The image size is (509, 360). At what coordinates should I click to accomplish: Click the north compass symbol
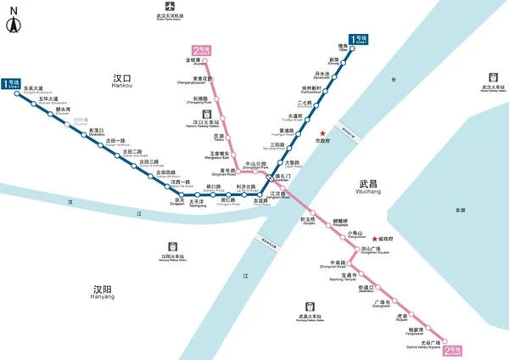click(x=12, y=23)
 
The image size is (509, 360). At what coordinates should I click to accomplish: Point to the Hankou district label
click(x=124, y=79)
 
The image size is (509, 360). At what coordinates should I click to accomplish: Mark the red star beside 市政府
click(x=322, y=132)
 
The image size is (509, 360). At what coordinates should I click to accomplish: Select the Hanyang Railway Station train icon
click(x=172, y=243)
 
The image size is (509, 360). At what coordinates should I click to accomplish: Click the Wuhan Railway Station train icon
click(x=489, y=76)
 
